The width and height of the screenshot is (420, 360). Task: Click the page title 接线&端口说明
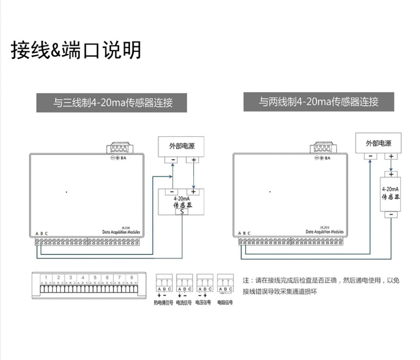(76, 50)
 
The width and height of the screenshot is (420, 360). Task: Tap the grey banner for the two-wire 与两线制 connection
(319, 102)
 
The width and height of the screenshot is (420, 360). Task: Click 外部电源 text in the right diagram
(378, 143)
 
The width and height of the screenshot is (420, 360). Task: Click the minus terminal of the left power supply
(173, 160)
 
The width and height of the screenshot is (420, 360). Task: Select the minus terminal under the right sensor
(392, 214)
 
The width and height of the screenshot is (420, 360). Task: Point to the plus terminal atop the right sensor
(392, 174)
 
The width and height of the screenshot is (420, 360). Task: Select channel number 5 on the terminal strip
(95, 277)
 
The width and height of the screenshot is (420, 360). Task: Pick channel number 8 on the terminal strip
(131, 277)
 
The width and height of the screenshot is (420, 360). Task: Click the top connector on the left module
(119, 149)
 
